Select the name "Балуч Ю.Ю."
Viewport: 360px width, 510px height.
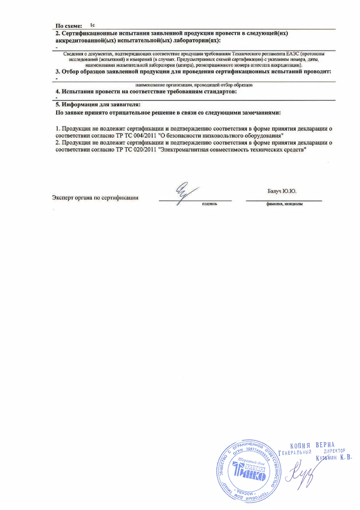click(285, 191)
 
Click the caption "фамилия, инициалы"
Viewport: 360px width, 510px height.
click(284, 204)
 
